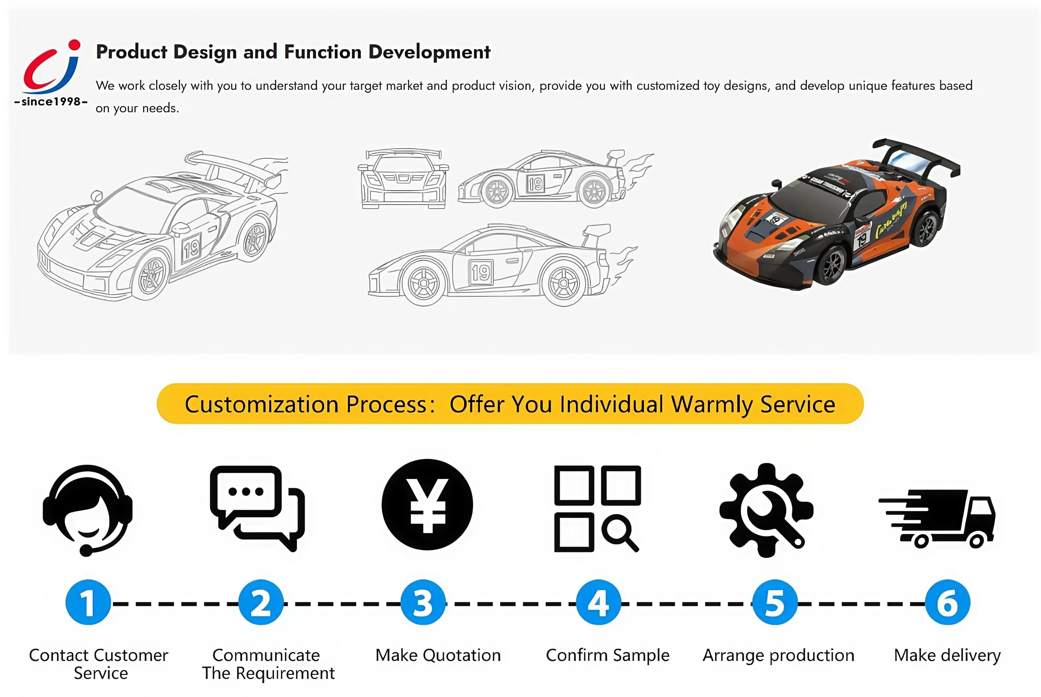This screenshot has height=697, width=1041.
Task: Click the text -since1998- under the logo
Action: (x=51, y=102)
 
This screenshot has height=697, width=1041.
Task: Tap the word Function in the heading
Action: (x=323, y=52)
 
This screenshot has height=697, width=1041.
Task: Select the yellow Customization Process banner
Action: (x=510, y=404)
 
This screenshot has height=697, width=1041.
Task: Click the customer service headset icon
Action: (x=87, y=510)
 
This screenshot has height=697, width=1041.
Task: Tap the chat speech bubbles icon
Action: (x=257, y=509)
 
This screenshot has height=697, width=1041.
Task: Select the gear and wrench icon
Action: (x=766, y=510)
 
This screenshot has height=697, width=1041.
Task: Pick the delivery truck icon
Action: (x=937, y=518)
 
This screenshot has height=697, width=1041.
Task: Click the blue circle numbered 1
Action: (x=88, y=602)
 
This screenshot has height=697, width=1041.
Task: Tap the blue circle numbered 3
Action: (x=423, y=602)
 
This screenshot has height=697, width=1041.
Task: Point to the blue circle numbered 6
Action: (x=948, y=602)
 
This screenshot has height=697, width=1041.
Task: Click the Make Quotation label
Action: (x=438, y=655)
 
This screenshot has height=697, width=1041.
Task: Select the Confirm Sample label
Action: (x=607, y=655)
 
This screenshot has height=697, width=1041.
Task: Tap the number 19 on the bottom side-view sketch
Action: (x=481, y=272)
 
